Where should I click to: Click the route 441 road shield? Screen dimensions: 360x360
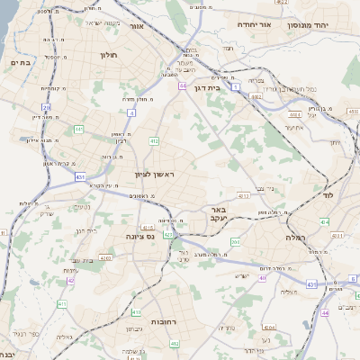click(79, 129)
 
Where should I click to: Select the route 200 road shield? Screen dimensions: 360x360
click(234, 241)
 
